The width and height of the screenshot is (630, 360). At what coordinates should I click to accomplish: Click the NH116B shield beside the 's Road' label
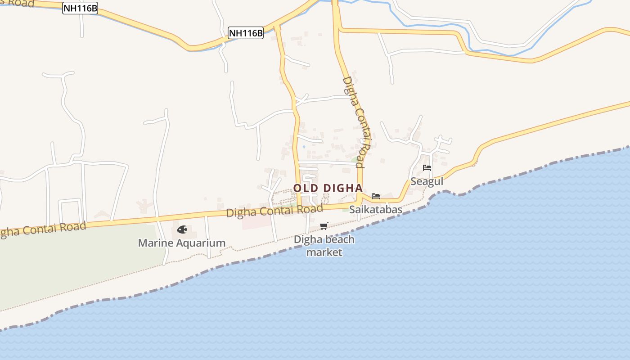tap(80, 8)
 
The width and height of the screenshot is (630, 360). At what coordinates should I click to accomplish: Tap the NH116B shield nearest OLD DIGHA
tap(245, 33)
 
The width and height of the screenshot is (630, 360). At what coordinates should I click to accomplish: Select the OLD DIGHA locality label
tap(328, 188)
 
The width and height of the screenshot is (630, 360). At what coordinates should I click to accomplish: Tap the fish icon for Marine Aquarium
tap(182, 229)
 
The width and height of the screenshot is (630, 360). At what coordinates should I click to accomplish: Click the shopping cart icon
tap(324, 226)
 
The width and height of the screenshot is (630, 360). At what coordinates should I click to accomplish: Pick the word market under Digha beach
tap(324, 252)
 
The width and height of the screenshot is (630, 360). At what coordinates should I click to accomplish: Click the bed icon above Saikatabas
tap(376, 196)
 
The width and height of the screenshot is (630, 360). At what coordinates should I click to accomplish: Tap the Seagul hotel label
tap(427, 181)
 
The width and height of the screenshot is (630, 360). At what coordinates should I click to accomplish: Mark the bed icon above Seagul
tap(427, 168)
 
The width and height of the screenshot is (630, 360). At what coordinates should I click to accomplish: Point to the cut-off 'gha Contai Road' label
tap(43, 229)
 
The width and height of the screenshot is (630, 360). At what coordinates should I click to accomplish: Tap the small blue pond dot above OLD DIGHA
tap(304, 146)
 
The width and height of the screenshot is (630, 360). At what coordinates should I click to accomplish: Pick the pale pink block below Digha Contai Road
tap(256, 222)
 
